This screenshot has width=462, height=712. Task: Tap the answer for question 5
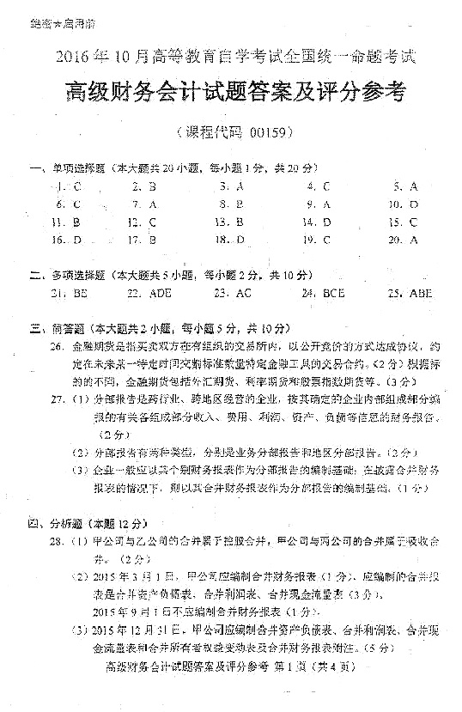click(413, 186)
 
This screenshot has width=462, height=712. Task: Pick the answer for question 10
click(413, 204)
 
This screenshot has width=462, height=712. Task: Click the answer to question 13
click(240, 222)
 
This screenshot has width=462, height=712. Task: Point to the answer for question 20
click(413, 240)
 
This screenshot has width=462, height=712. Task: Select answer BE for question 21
click(82, 293)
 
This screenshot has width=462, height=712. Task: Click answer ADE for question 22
click(160, 293)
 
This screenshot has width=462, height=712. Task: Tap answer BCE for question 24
click(333, 293)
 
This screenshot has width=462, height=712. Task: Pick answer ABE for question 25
click(421, 293)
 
